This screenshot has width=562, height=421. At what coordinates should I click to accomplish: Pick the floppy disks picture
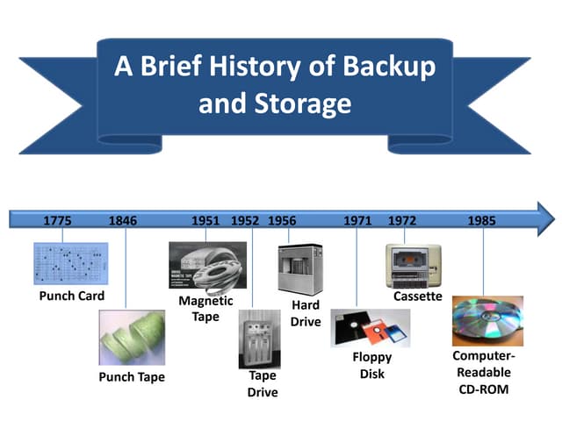coord(370,330)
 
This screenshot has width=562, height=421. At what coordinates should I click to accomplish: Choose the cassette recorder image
coord(414,264)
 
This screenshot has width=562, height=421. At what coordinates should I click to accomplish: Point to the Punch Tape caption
coord(132,377)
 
